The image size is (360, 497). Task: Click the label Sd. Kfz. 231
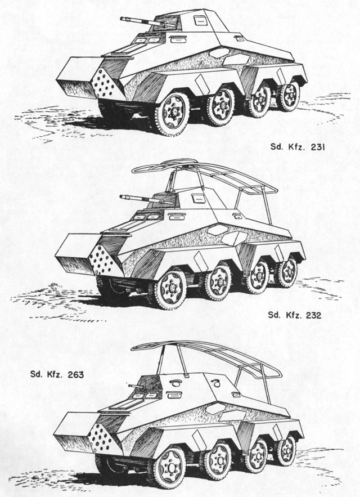(298, 147)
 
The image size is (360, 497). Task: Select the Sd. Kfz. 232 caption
(294, 315)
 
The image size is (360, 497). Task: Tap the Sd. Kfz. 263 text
(57, 374)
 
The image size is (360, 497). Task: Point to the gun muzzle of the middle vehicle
(121, 197)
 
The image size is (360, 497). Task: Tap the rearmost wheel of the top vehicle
(289, 96)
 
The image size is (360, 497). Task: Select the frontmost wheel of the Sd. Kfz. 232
(170, 289)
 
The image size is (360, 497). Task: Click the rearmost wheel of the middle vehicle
(287, 272)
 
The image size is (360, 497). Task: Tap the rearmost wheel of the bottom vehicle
(286, 451)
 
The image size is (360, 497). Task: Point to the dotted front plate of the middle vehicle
(102, 260)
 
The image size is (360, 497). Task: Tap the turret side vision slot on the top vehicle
(200, 21)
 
